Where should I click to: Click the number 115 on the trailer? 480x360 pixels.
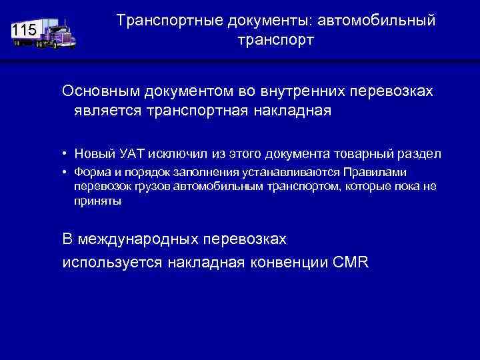(24, 30)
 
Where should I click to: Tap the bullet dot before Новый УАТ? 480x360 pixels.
(66, 154)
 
